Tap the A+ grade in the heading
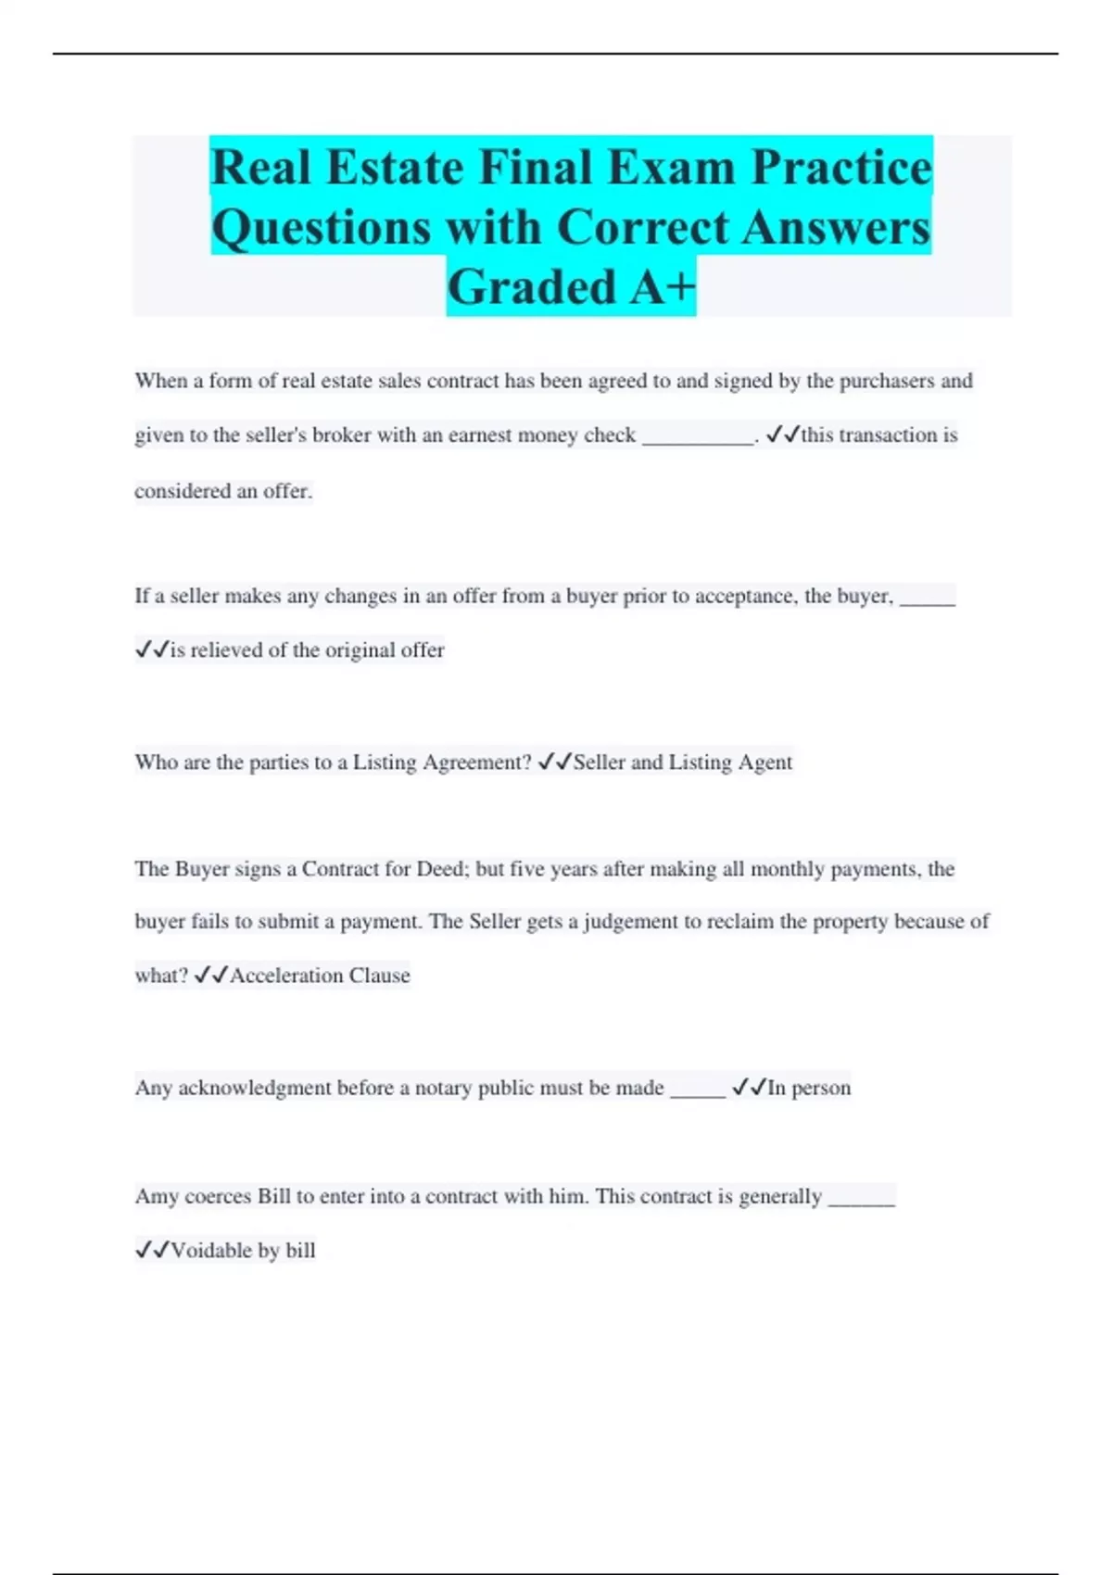pos(662,286)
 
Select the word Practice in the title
pos(841,169)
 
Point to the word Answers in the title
pos(836,228)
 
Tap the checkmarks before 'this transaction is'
pos(782,435)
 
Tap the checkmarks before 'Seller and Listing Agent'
pos(554,762)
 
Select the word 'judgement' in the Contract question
pos(631,922)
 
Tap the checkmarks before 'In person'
pos(749,1087)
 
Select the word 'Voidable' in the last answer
pos(211,1251)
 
